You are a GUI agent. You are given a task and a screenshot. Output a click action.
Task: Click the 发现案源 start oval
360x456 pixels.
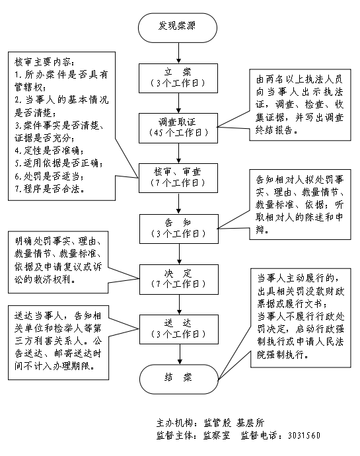(x=177, y=26)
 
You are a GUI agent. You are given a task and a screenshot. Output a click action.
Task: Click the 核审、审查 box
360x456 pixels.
(x=177, y=178)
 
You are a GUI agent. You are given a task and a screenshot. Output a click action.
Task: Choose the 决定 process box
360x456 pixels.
(x=177, y=278)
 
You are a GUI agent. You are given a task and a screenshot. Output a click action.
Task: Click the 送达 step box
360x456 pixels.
(x=177, y=327)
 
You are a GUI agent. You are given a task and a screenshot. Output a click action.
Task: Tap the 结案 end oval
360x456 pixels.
(x=177, y=378)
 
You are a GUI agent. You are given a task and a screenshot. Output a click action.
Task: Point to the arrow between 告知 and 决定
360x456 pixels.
(x=177, y=253)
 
